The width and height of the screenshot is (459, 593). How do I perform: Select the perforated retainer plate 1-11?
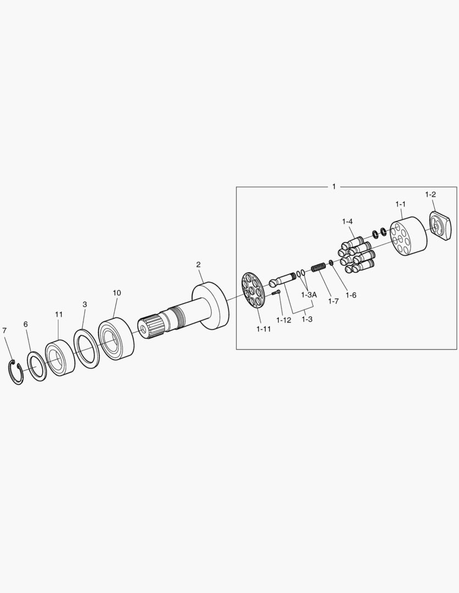(x=253, y=290)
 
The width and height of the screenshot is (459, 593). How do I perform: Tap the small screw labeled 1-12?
(x=276, y=292)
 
